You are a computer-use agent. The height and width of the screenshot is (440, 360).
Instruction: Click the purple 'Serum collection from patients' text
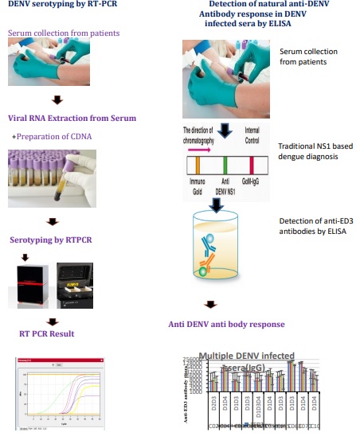point(64,34)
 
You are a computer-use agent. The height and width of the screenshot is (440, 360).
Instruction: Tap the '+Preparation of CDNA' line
point(52,136)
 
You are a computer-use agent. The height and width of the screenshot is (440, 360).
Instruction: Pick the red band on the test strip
point(253,165)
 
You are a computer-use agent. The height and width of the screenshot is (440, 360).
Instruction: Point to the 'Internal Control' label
point(252,135)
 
